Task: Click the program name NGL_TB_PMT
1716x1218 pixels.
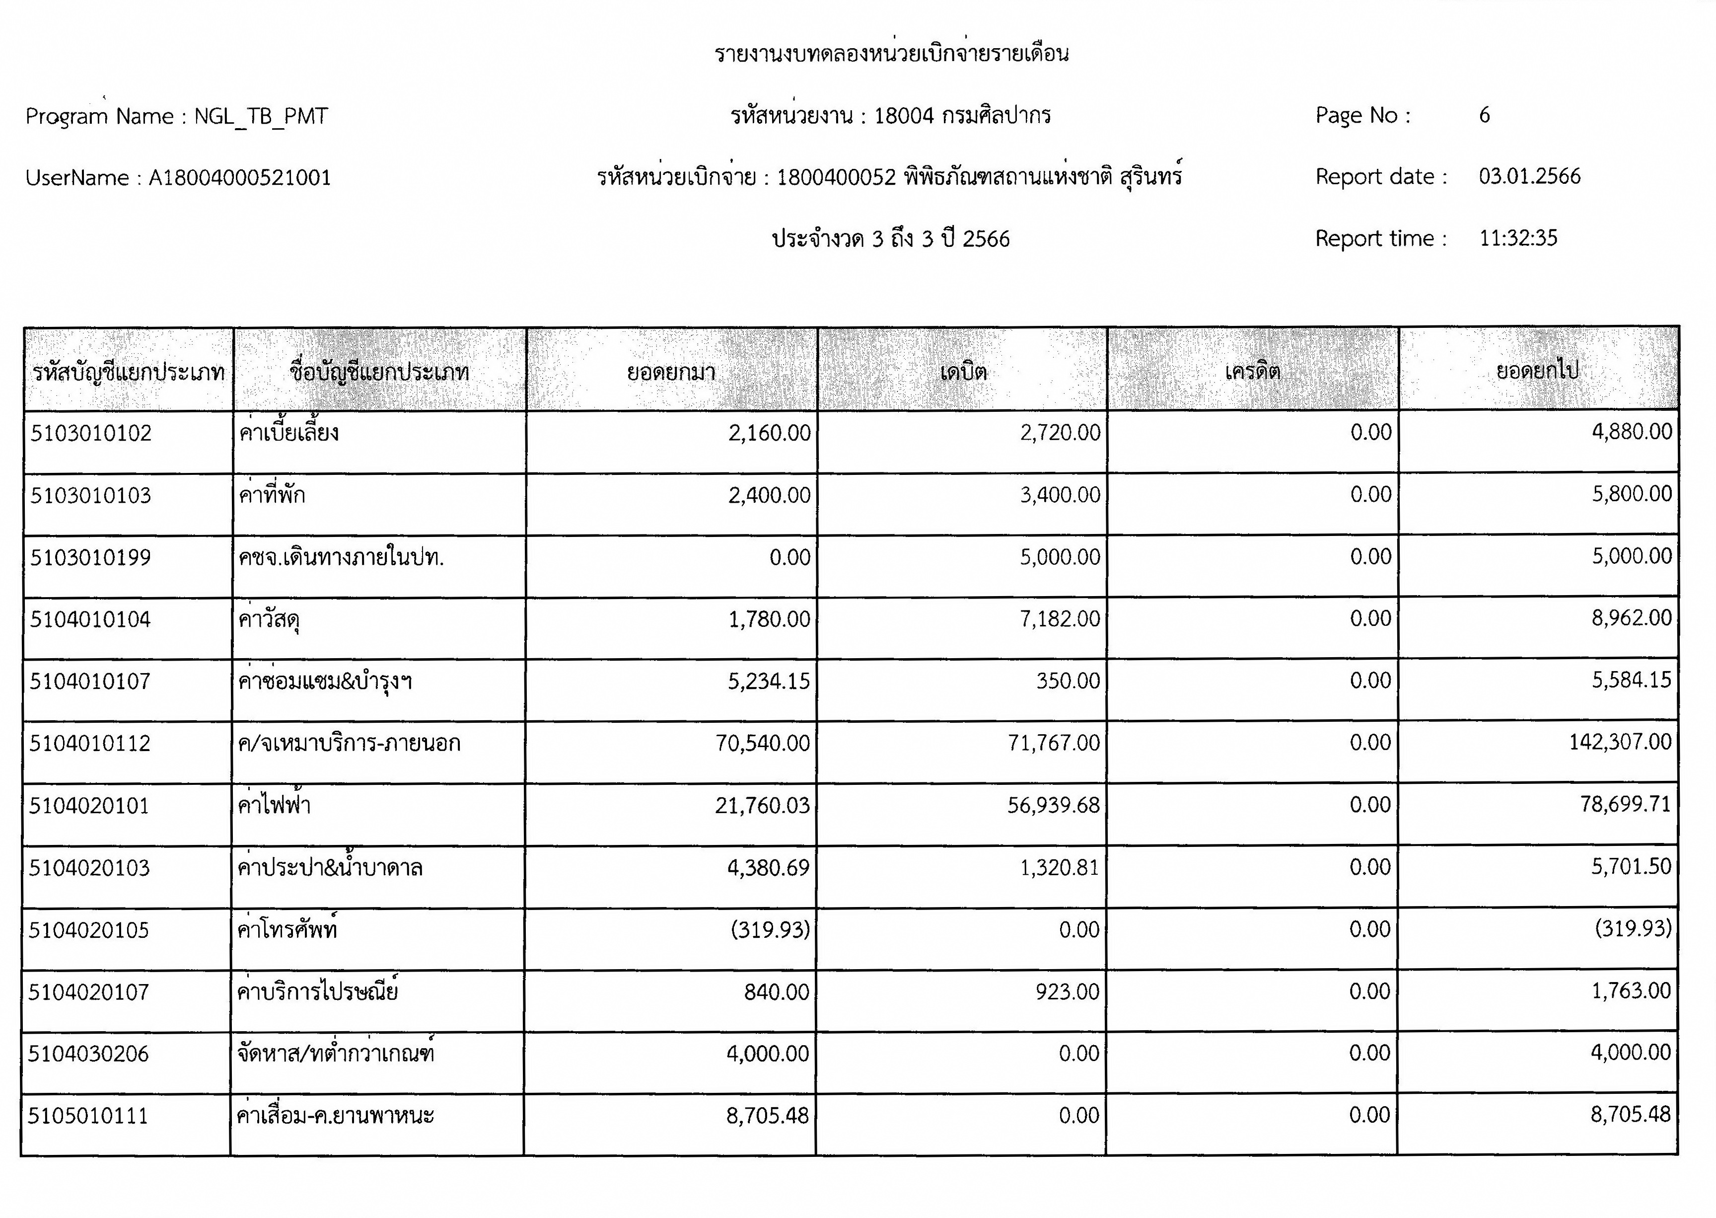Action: click(x=260, y=116)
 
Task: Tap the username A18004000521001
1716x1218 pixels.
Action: click(x=239, y=178)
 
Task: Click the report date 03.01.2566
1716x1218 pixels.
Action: click(x=1529, y=176)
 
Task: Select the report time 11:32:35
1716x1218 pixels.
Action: click(x=1518, y=238)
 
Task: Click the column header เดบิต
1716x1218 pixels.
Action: click(x=963, y=371)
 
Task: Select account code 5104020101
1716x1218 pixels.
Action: click(x=89, y=806)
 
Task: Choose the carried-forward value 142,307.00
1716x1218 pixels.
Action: click(x=1620, y=742)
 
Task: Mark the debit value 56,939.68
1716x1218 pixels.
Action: click(x=1053, y=805)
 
